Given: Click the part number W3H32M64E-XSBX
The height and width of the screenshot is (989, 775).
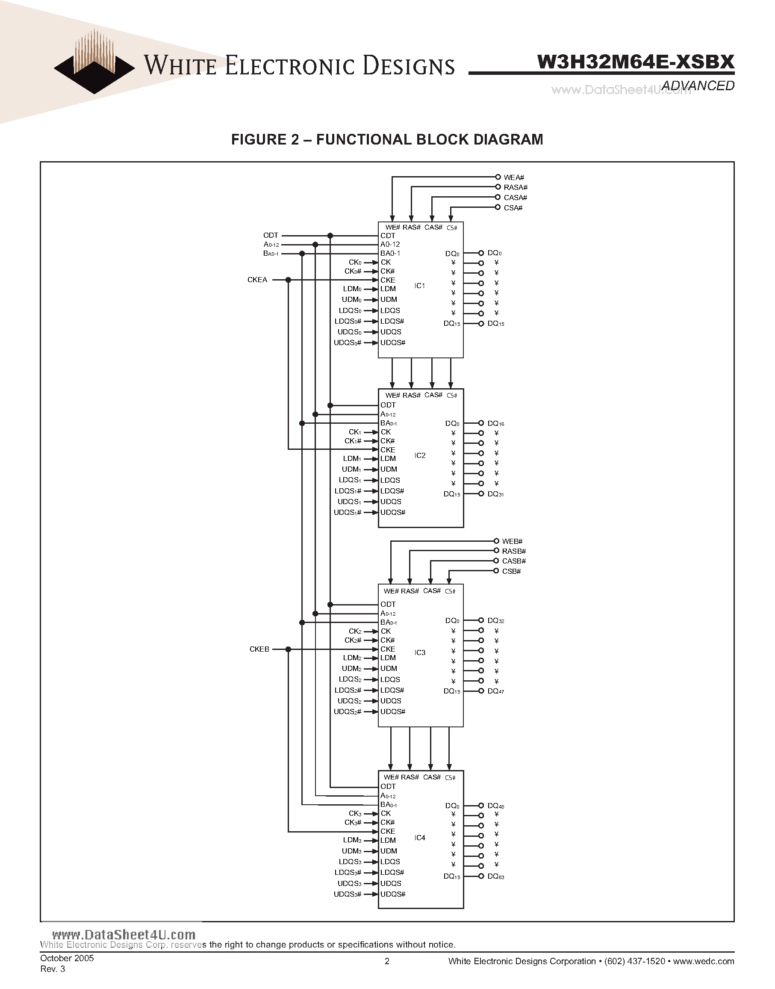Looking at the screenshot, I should [x=635, y=62].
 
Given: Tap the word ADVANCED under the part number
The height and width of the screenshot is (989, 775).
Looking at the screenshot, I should [x=698, y=86].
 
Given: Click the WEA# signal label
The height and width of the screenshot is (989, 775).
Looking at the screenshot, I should [x=514, y=177].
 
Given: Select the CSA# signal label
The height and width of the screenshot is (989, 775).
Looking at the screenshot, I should [x=513, y=208].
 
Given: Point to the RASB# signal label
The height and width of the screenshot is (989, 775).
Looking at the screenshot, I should [x=514, y=551].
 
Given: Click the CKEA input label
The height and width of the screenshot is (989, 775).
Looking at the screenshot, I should [x=257, y=280].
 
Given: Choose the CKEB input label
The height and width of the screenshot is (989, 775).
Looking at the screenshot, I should [x=259, y=649].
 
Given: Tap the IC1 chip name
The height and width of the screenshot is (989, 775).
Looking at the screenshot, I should [x=420, y=286].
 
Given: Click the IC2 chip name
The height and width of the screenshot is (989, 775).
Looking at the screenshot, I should [x=420, y=455].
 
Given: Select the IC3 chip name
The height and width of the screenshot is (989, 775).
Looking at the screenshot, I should [x=420, y=652].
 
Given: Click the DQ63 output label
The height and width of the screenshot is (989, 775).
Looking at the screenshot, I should [x=495, y=877].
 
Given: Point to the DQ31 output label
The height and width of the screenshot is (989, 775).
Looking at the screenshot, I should [x=495, y=494].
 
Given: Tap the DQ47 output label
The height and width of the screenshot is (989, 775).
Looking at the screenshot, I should [x=495, y=691].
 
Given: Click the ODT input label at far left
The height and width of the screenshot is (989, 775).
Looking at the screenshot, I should [x=271, y=236].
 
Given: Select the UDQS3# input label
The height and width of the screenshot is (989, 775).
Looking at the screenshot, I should [x=348, y=894].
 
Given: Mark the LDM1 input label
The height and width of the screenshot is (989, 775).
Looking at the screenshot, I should [x=352, y=459].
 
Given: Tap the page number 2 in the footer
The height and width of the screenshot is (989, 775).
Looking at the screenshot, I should [x=387, y=961].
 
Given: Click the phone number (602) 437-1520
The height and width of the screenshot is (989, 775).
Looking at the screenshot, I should [x=634, y=961].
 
